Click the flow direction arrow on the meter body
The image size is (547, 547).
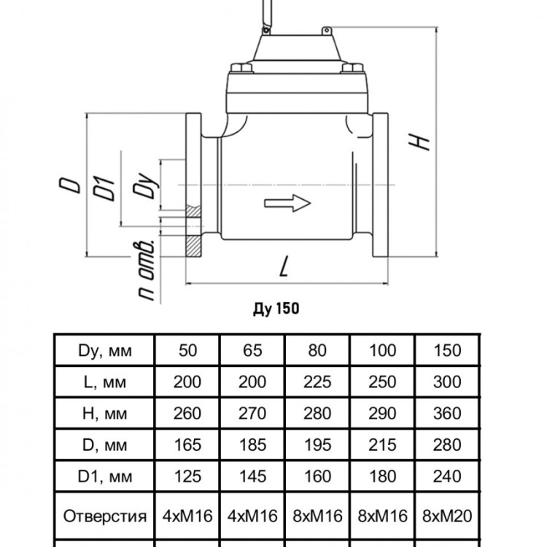pos(287,203)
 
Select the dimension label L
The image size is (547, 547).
pos(285,266)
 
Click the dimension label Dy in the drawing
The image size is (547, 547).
pos(146,185)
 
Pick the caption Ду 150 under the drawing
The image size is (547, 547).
pos(276,309)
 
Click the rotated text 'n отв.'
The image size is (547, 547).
pos(145,270)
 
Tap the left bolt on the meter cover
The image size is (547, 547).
pos(241,67)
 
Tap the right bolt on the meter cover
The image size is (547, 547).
pos(352,67)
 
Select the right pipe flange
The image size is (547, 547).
pos(380,185)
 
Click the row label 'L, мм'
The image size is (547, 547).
pos(104,382)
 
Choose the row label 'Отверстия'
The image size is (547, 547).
pos(104,516)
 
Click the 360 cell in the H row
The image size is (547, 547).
pos(447,414)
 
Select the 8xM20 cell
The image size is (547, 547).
pos(447,516)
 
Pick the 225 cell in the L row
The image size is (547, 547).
pos(317,382)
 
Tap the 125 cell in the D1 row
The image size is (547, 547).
pos(187,476)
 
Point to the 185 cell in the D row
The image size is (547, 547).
pos(252,445)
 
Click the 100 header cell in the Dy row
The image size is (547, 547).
pos(382,350)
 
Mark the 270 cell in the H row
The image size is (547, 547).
pos(252,414)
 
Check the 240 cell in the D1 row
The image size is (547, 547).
pos(447,476)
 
